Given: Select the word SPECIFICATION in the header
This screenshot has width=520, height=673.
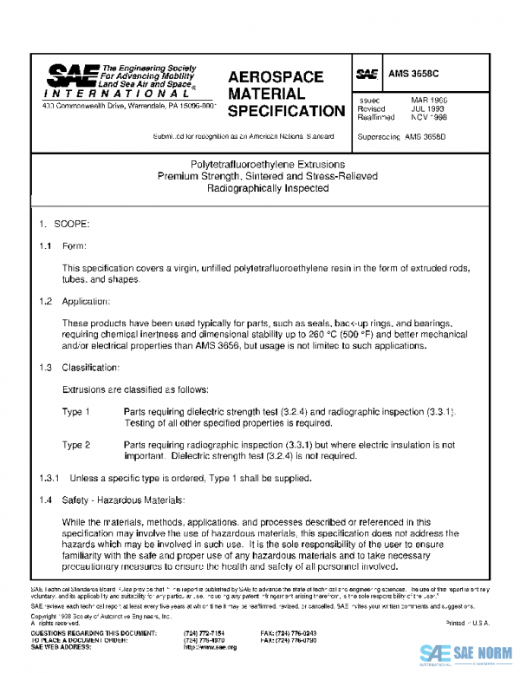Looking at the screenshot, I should click(286, 111).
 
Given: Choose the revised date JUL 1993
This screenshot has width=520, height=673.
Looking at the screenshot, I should click(428, 109).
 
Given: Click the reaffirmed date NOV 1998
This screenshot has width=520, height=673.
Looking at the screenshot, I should click(429, 118).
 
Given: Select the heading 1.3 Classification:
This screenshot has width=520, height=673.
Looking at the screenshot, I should click(88, 368).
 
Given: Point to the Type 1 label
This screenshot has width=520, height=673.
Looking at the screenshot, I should click(76, 411).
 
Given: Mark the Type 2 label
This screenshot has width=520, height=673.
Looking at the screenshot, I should click(76, 444).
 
